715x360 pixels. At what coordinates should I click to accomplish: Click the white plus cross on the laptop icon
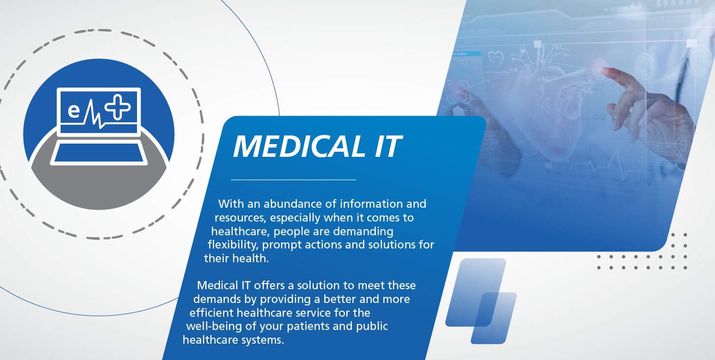coord(118,107)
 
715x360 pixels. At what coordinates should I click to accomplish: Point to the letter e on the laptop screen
coord(74,111)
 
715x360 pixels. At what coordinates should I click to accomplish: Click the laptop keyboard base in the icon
coord(99,154)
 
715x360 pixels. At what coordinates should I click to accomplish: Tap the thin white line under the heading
coord(293,180)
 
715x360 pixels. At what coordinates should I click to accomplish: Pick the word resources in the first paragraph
coord(239,218)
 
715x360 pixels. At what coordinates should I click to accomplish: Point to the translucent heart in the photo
coord(540,102)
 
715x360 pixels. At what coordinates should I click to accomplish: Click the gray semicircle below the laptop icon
coord(99,188)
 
